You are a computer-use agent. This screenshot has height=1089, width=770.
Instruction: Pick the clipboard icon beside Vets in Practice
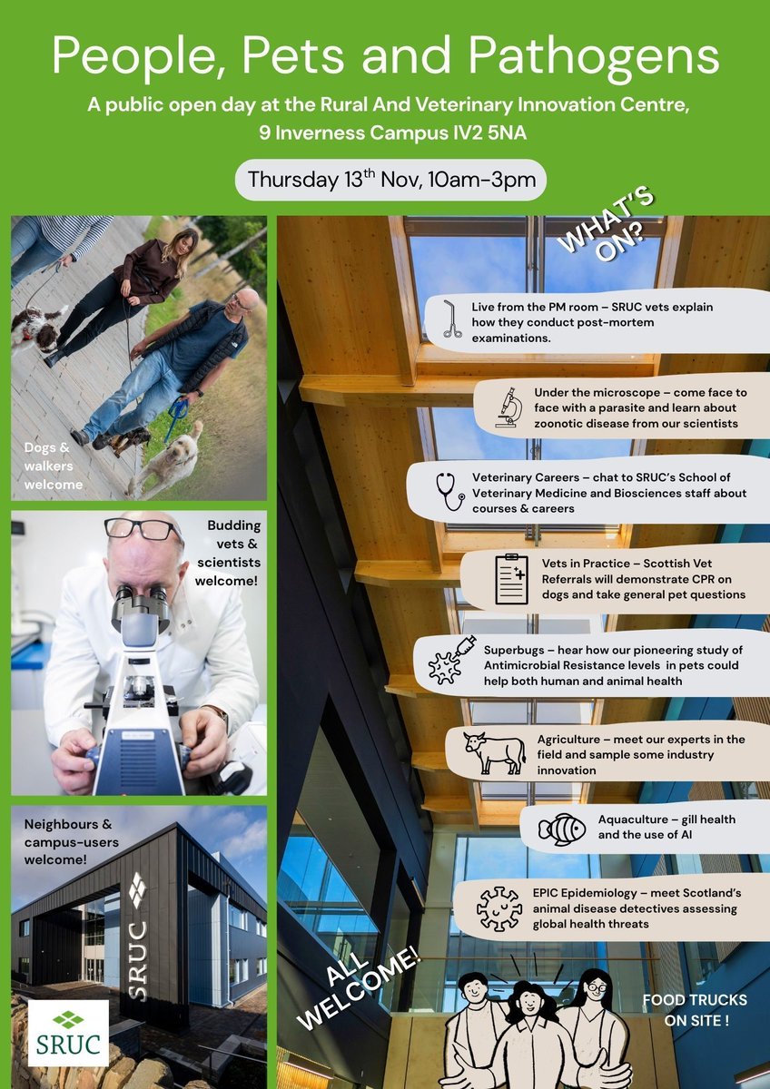click(x=511, y=578)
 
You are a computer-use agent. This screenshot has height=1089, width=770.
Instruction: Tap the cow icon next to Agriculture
click(x=494, y=753)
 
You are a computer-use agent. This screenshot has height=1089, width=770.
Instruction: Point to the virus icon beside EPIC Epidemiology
click(x=499, y=907)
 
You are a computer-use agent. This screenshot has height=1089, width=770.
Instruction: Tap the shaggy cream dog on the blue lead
click(x=169, y=459)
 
